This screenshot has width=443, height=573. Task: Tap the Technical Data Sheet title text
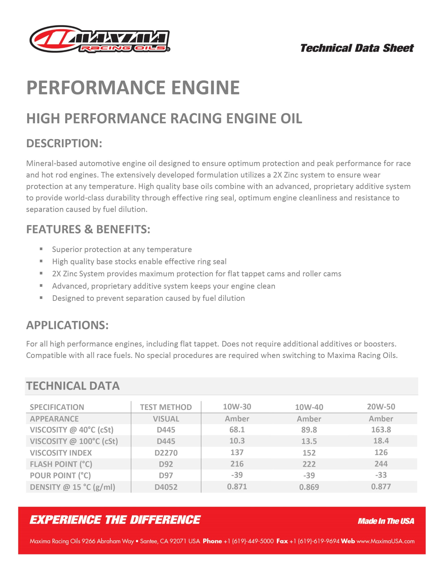pos(357,48)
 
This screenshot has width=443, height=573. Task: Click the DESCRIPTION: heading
pos(64,143)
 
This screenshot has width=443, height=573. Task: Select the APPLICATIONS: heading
pos(67,325)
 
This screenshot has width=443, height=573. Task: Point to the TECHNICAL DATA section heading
pos(73,386)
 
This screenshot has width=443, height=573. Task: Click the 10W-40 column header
pos(309,407)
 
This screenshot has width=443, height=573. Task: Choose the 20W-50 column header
pos(381,407)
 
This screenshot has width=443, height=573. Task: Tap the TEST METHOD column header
pos(166,407)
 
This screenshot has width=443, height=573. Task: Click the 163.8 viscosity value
pos(381,430)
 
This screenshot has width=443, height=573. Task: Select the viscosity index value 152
pos(309,453)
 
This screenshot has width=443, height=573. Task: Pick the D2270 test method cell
pos(166,453)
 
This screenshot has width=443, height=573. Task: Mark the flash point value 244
pos(381,464)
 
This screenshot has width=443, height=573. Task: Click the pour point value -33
pos(381,475)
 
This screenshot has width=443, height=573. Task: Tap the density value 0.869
pos(309,487)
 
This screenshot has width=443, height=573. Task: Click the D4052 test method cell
pos(166,487)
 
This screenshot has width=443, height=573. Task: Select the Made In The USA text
pos(386,521)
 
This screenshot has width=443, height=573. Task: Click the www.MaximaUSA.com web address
pos(385,541)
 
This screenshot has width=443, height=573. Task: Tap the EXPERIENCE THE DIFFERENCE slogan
pos(115,520)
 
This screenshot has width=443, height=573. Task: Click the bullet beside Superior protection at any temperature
pos(41,249)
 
